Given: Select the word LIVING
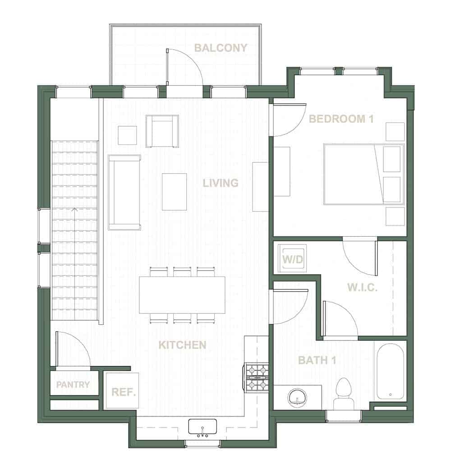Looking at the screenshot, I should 220,183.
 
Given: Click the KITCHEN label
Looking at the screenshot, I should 182,345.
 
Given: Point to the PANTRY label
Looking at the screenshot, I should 73,385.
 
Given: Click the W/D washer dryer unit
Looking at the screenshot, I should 292,259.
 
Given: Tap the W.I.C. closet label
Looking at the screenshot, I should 362,288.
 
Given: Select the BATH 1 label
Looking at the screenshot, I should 317,360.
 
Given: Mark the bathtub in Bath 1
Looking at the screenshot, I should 390,372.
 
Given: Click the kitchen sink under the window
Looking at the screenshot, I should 202,428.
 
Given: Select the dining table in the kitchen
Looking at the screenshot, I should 182,295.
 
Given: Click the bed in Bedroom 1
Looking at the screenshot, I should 363,174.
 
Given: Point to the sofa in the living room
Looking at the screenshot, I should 124,192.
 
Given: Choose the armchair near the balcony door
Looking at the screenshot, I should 162,131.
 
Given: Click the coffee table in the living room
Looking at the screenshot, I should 174,192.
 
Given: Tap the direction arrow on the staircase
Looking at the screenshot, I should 74,210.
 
